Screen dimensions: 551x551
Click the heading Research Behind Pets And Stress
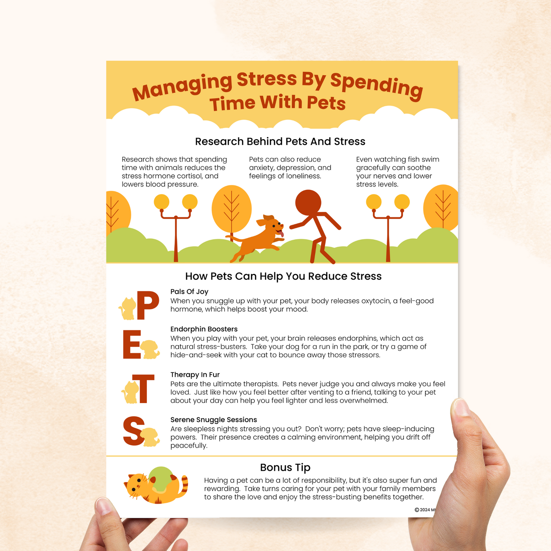tap(280, 141)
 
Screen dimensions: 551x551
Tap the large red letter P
tap(148, 305)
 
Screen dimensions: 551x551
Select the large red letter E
tap(132, 344)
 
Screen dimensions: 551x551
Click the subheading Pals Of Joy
tap(189, 291)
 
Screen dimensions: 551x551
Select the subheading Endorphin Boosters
tap(204, 329)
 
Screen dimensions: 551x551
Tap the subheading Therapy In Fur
tap(195, 374)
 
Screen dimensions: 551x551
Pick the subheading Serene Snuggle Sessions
tap(214, 419)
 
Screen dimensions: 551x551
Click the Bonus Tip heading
tap(285, 467)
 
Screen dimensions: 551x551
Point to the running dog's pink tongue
tap(282, 234)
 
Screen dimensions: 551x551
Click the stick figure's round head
tap(308, 202)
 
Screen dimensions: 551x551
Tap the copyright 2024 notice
tap(425, 509)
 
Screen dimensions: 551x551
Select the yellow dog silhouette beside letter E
tap(150, 349)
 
